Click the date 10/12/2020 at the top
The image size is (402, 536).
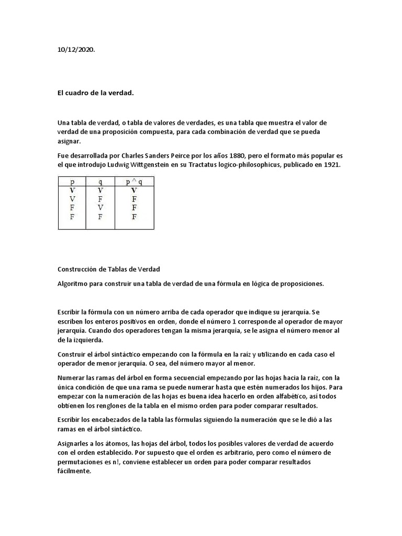tap(76, 49)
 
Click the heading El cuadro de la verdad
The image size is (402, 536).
tap(95, 93)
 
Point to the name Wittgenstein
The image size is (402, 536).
tap(148, 165)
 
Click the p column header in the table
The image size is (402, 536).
tap(72, 182)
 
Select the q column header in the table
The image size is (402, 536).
tap(100, 182)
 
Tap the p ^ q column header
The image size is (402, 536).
tap(134, 182)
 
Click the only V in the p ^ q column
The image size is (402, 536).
tap(134, 191)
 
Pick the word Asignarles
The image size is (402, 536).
tap(74, 443)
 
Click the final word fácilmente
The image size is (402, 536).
tap(74, 471)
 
